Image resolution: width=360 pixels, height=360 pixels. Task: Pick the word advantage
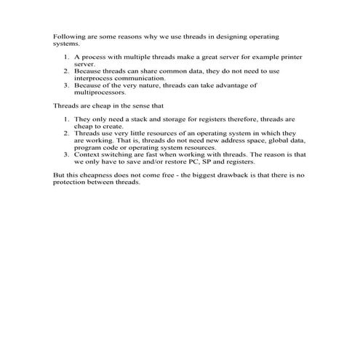235,85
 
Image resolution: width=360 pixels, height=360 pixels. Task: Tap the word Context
88,154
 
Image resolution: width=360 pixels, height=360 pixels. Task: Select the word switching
121,154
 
